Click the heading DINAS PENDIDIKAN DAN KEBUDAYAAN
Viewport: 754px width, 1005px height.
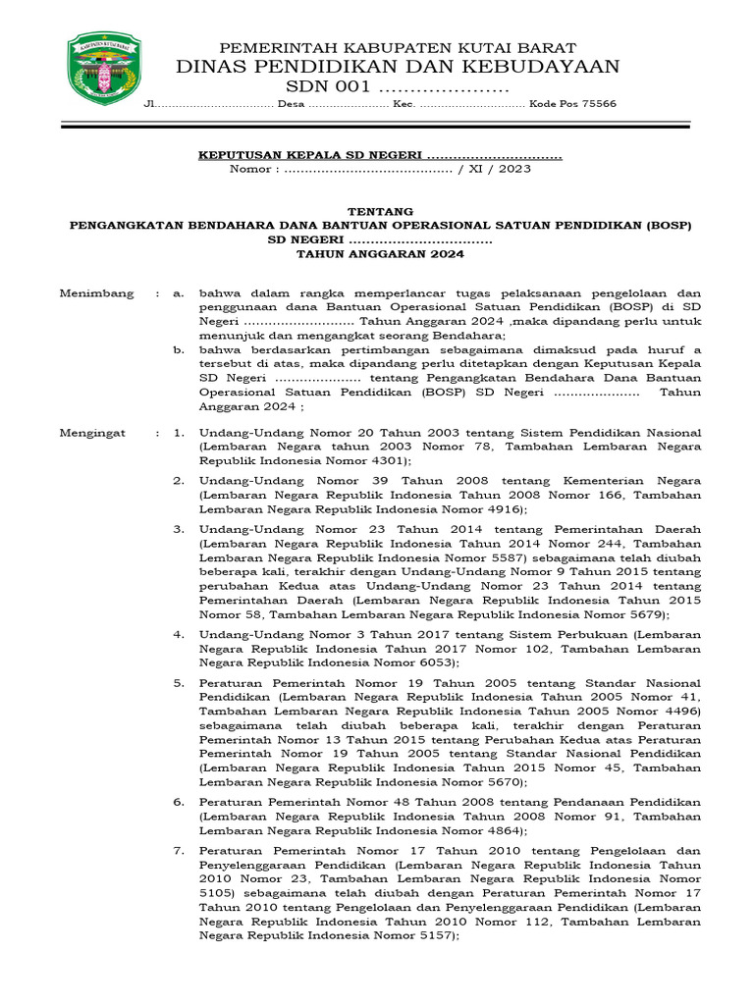point(398,67)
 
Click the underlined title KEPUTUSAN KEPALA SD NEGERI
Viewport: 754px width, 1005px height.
point(310,155)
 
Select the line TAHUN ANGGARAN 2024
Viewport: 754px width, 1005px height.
point(381,253)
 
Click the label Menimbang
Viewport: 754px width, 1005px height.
point(96,293)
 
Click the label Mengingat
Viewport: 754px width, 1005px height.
point(92,433)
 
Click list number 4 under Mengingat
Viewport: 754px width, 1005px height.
point(179,635)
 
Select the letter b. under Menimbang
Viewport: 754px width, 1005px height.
point(179,349)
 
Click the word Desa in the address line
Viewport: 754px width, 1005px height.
point(292,104)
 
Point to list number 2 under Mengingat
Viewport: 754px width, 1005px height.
point(179,481)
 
